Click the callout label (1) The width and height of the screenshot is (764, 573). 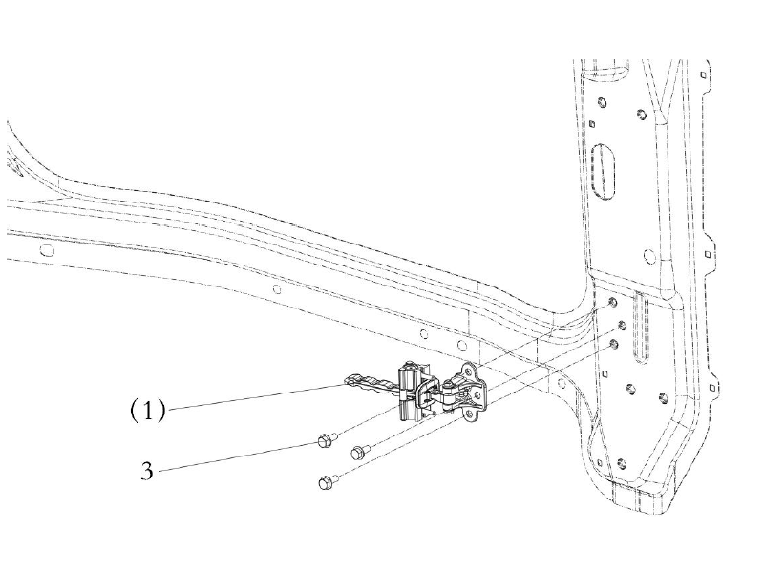click(x=148, y=411)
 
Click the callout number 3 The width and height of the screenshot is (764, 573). click(x=147, y=471)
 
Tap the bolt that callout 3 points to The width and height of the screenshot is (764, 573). click(x=325, y=440)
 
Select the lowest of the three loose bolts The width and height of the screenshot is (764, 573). click(x=325, y=482)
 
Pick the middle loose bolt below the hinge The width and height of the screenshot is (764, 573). click(x=360, y=452)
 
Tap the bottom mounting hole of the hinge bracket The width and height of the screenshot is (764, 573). click(x=469, y=414)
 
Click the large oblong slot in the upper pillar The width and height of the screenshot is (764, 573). click(x=604, y=171)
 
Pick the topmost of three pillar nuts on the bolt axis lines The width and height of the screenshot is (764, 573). click(x=612, y=303)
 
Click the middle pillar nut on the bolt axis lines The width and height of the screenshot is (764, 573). click(x=622, y=325)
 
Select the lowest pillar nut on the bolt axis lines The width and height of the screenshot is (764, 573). click(x=613, y=345)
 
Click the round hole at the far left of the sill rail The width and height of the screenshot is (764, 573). click(x=47, y=250)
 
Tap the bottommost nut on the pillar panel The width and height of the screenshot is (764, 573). click(x=622, y=463)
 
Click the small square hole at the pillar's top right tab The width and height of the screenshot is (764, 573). click(x=703, y=74)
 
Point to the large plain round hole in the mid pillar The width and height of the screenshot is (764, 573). click(x=649, y=256)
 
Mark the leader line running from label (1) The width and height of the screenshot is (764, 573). click(x=256, y=395)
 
